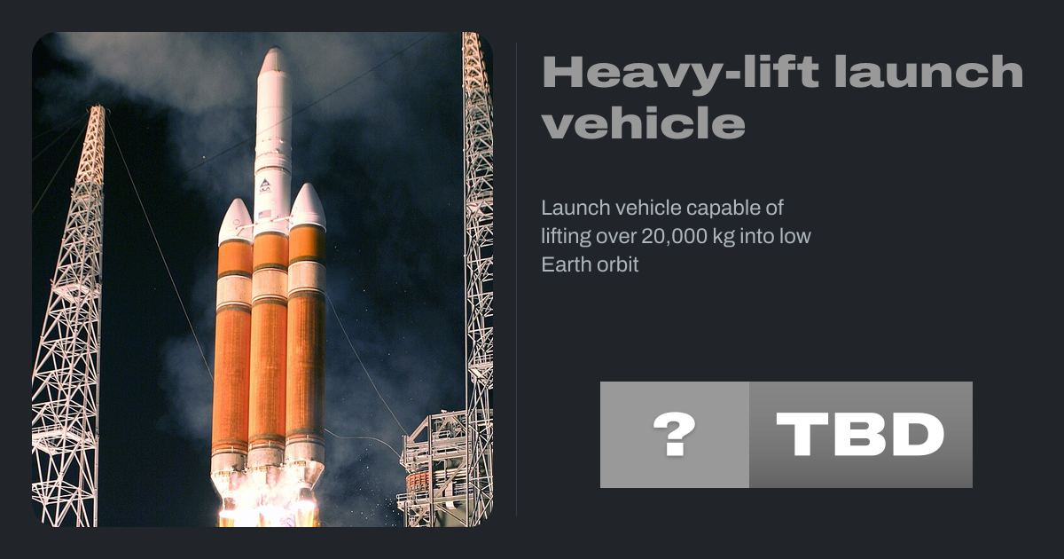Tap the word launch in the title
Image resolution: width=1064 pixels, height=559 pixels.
(929, 71)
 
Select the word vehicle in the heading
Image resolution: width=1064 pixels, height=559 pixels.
(644, 122)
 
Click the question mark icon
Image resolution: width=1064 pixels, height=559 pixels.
(675, 435)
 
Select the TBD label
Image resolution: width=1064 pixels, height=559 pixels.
(860, 435)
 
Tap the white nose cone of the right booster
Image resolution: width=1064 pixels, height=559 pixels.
(308, 204)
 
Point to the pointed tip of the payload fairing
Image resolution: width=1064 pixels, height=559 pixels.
(275, 49)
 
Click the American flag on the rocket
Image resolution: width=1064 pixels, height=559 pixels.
(264, 214)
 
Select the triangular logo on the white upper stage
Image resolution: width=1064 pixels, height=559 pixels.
(265, 183)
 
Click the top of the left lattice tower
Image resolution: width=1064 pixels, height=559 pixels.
(98, 107)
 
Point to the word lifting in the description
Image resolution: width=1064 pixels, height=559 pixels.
(566, 236)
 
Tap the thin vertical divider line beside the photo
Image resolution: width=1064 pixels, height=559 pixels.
(517, 279)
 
